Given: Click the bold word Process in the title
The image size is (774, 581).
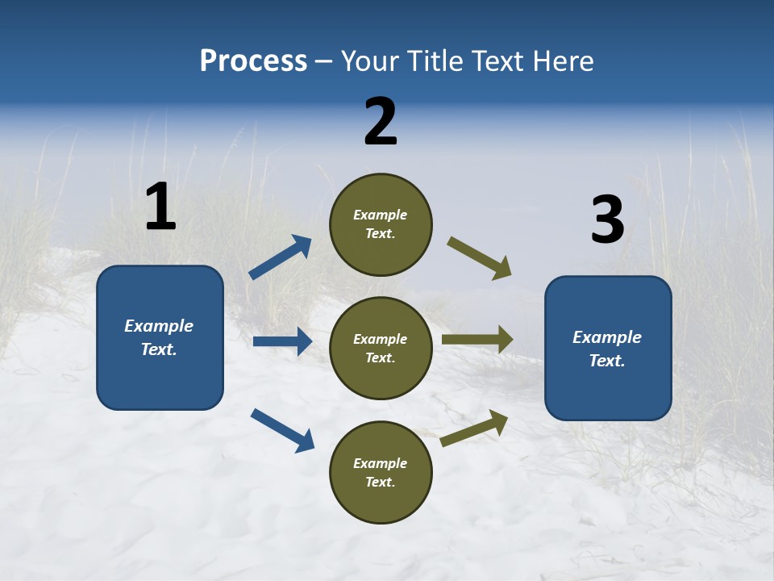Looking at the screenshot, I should click(253, 61).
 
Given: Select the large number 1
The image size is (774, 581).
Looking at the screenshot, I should click(160, 207).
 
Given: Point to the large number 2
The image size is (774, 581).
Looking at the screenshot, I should click(381, 122).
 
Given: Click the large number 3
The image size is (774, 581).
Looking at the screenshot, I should click(607, 220).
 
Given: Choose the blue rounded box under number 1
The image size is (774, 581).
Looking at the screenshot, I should click(160, 337).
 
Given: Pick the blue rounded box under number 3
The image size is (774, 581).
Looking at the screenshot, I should click(608, 348).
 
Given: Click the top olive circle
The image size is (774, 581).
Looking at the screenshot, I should click(381, 224).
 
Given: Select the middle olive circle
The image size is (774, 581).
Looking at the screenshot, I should click(381, 348).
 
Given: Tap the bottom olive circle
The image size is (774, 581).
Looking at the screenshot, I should click(381, 472).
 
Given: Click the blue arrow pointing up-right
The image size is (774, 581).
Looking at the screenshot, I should click(281, 257).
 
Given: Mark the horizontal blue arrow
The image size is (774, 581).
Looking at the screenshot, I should click(282, 341).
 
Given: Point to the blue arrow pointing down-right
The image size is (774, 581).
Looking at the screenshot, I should click(282, 430).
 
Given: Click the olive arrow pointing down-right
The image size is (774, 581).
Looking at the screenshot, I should click(480, 258).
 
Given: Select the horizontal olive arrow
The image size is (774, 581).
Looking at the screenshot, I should click(477, 340).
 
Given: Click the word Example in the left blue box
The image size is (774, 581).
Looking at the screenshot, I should click(159, 326).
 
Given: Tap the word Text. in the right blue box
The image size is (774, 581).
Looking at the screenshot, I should click(607, 361).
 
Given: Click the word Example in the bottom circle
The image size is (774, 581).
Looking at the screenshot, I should click(380, 463).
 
